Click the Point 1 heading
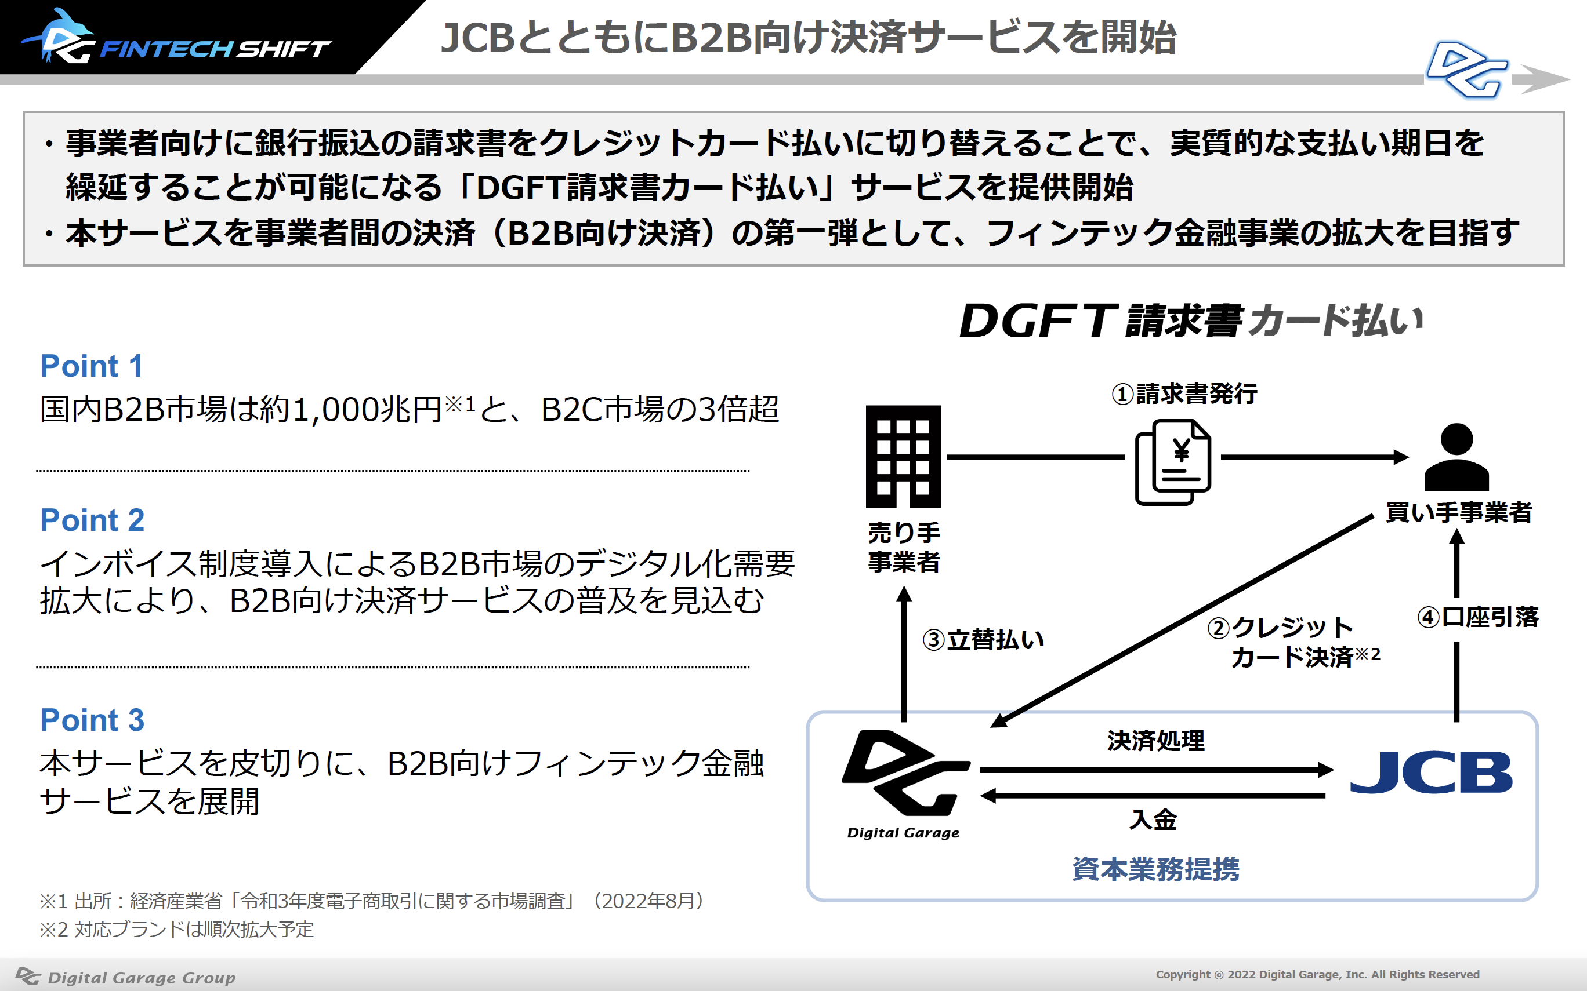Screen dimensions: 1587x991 91,366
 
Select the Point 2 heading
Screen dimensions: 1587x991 92,520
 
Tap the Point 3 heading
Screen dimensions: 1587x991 92,720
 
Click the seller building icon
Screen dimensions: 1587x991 903,456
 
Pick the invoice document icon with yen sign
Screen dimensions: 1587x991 1172,462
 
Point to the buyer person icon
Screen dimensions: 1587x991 1456,457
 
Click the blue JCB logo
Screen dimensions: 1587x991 1431,772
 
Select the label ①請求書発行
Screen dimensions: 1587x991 1184,394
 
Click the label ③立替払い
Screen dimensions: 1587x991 983,639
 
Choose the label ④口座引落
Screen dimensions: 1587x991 1478,617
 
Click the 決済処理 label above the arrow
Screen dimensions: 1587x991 1155,741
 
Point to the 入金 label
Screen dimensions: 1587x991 1153,819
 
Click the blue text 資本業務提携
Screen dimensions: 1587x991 1155,869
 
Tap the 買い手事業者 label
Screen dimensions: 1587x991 1458,512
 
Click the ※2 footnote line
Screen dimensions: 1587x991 177,930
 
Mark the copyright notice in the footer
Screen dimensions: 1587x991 1317,975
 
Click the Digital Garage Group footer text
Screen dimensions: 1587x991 125,977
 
